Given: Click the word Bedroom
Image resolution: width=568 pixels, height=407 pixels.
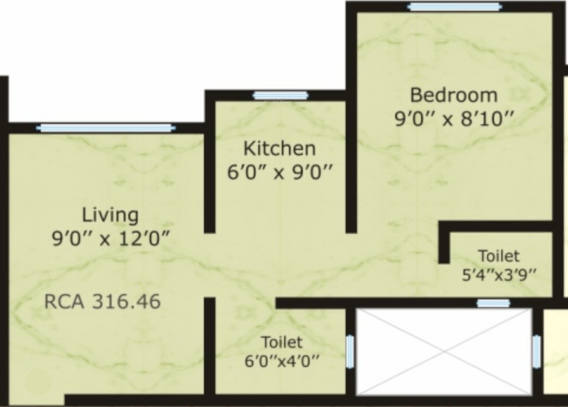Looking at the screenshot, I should coord(454,95).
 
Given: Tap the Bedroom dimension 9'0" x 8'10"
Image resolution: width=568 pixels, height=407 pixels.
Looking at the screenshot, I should coord(454,118).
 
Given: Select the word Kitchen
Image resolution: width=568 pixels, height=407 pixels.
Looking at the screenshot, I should coord(279,148).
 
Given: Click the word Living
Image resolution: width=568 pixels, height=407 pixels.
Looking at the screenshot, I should coord(110,215).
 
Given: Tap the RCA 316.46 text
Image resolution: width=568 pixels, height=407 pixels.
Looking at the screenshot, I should coord(102,302).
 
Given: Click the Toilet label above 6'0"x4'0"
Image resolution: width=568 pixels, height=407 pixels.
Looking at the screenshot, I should coord(281,341).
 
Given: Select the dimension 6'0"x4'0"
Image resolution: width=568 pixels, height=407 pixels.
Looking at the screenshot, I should coord(282,362).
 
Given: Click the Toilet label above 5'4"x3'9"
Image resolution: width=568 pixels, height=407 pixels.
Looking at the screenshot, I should coord(498,255).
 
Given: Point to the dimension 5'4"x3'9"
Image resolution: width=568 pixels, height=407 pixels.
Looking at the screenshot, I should coord(499,275).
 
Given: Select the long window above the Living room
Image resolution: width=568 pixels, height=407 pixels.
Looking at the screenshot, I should coord(106,128).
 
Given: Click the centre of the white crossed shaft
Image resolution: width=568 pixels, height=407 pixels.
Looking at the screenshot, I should coord(444,351).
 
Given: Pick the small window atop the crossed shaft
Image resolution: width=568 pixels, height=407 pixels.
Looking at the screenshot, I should coord(493,303).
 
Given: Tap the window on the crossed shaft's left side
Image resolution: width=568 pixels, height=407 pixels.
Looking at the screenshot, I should coord(350,351).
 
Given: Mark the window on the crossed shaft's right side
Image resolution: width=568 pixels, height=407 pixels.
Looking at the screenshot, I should coord(537,351).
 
